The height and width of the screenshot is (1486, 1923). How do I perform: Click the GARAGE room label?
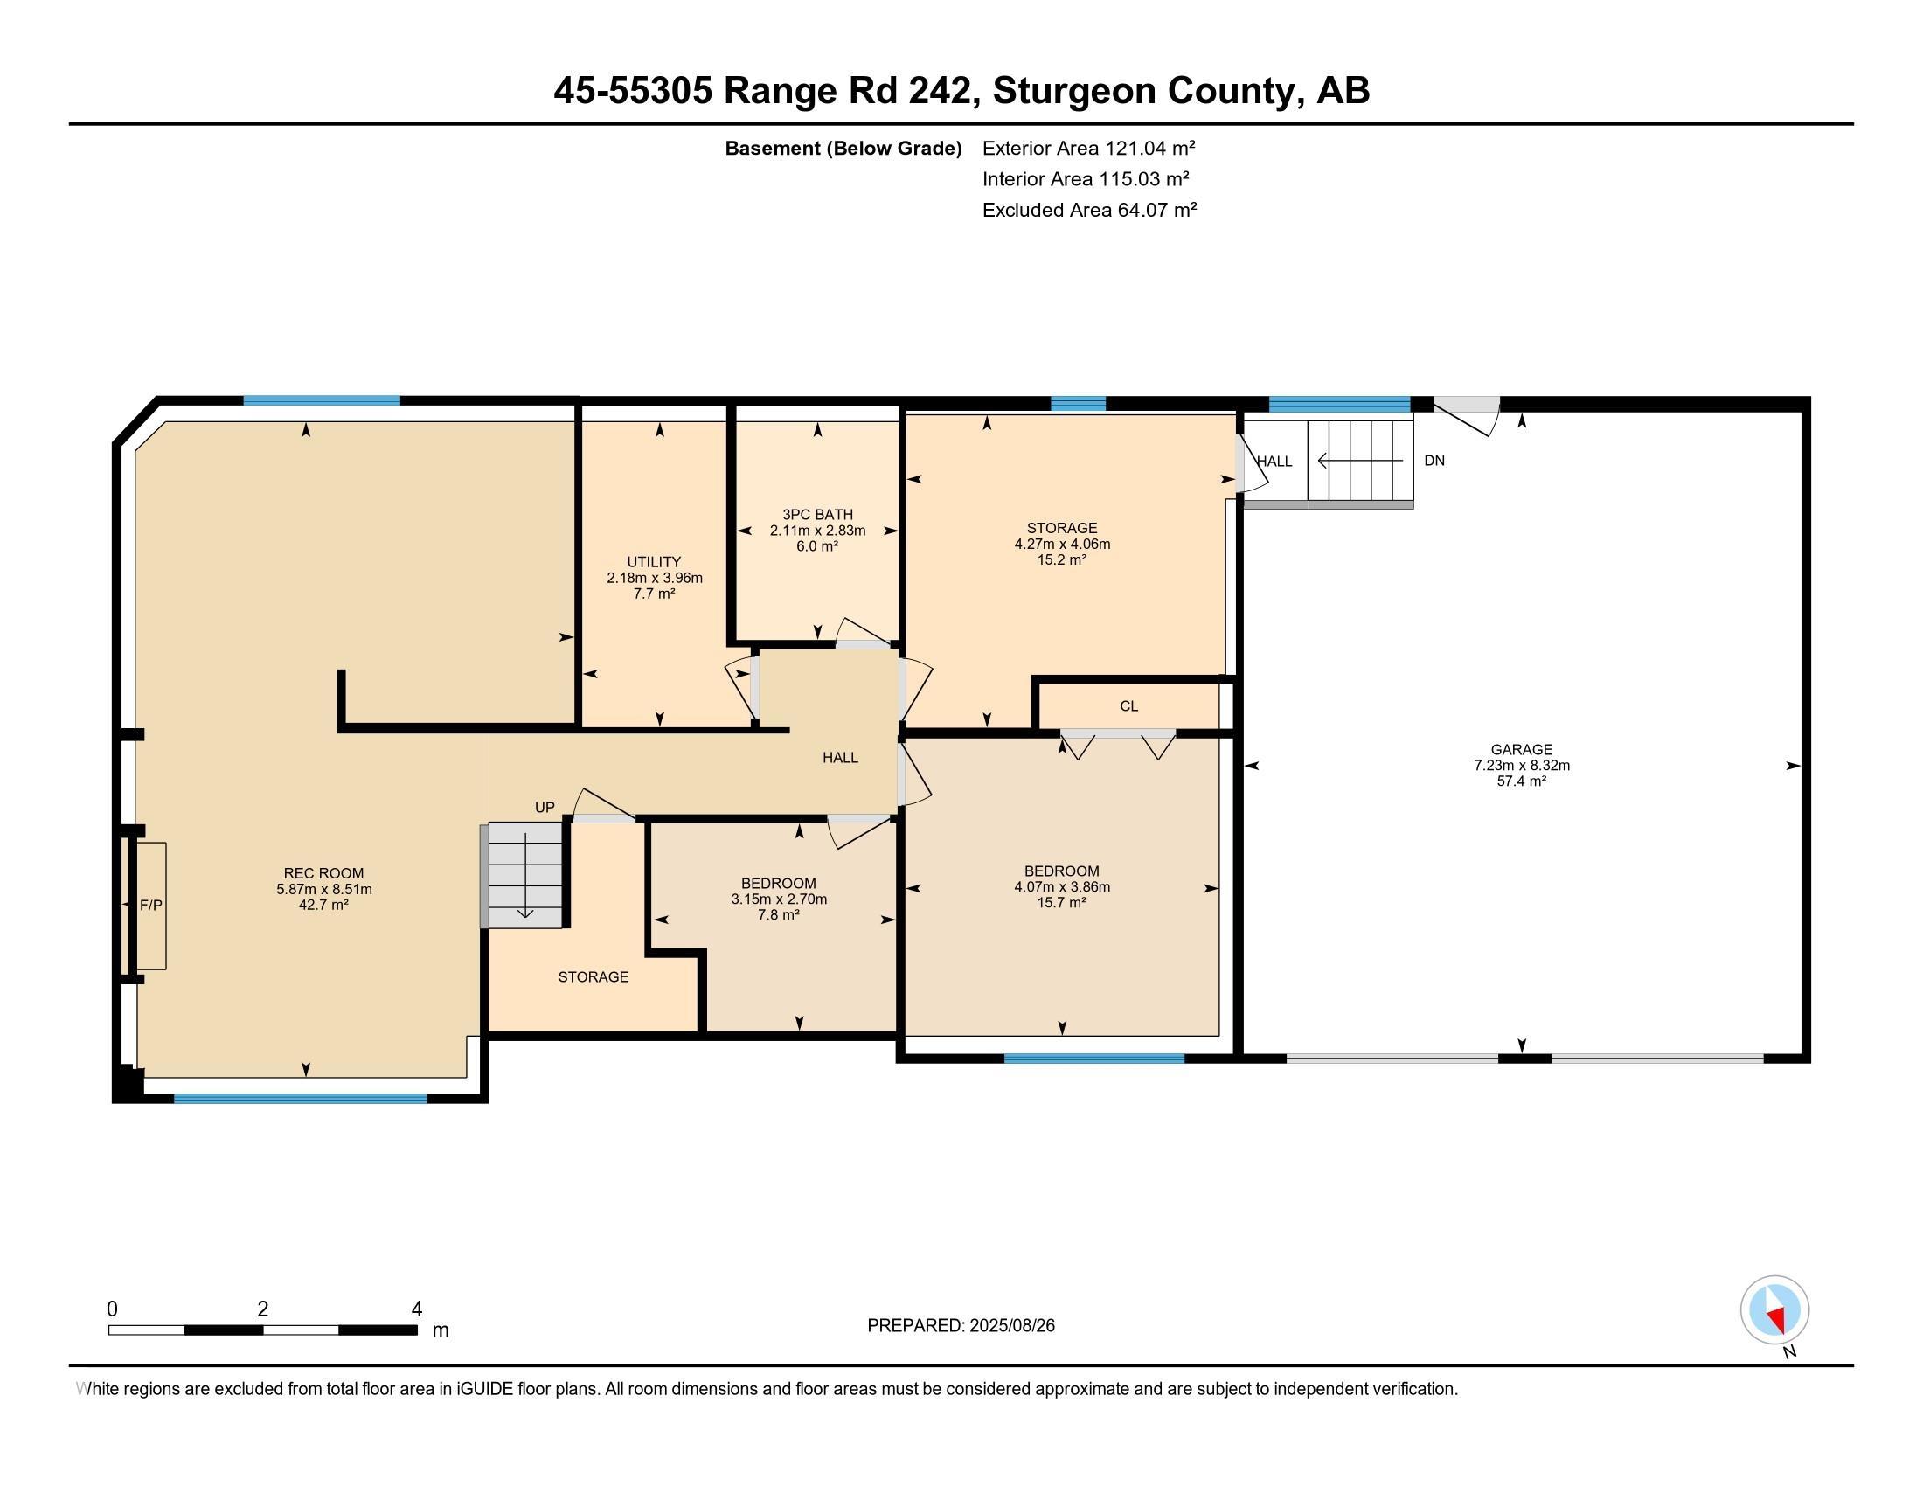point(1522,750)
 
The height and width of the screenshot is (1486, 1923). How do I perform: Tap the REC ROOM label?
point(323,873)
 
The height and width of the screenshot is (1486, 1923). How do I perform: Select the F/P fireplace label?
point(150,905)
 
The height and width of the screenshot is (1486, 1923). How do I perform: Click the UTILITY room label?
point(653,562)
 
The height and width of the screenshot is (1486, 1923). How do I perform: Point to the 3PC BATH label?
point(817,514)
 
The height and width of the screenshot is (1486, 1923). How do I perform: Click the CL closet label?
point(1128,706)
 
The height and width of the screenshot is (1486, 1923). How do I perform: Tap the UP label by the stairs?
point(545,808)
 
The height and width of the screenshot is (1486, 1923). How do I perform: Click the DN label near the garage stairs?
point(1434,461)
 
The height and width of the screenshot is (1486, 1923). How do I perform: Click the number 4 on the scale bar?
point(416,1309)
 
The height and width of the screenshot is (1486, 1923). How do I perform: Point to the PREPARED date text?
point(961,1326)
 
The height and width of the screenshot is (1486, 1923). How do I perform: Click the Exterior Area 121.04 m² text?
point(1088,148)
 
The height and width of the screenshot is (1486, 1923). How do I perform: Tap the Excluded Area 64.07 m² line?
point(1089,210)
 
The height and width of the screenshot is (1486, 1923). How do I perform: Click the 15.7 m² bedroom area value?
point(1062,902)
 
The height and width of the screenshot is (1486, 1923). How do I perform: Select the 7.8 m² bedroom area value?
point(778,914)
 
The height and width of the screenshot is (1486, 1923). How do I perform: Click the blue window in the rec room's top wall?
point(322,400)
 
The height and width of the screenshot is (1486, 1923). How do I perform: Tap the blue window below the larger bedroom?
point(1093,1059)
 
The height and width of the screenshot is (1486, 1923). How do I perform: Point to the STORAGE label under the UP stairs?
point(594,977)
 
